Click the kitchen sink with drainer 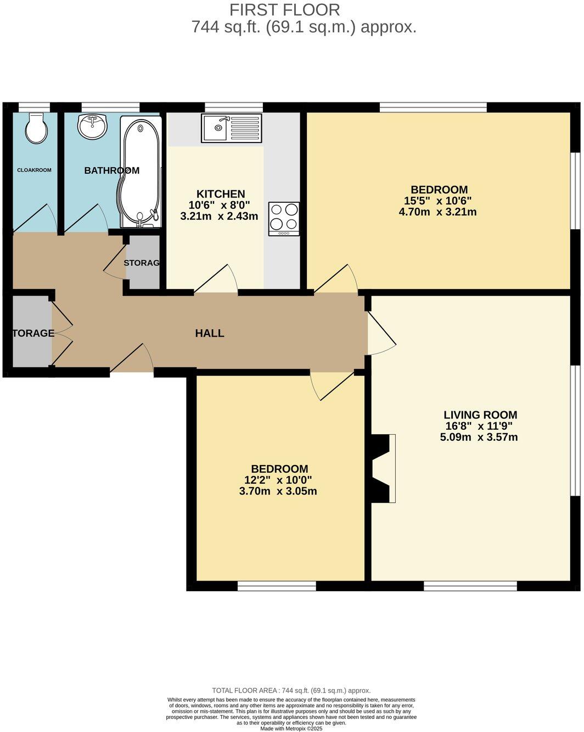click(x=231, y=128)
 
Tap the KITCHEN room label click(x=221, y=194)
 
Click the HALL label click(x=210, y=333)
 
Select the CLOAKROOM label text click(x=34, y=170)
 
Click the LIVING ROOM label click(x=480, y=415)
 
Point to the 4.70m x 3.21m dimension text click(x=437, y=212)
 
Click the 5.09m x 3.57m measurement click(x=479, y=438)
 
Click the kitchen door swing click(x=217, y=279)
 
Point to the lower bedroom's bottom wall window click(x=277, y=586)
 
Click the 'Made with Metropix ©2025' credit click(x=291, y=729)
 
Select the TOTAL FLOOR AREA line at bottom click(x=291, y=691)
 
